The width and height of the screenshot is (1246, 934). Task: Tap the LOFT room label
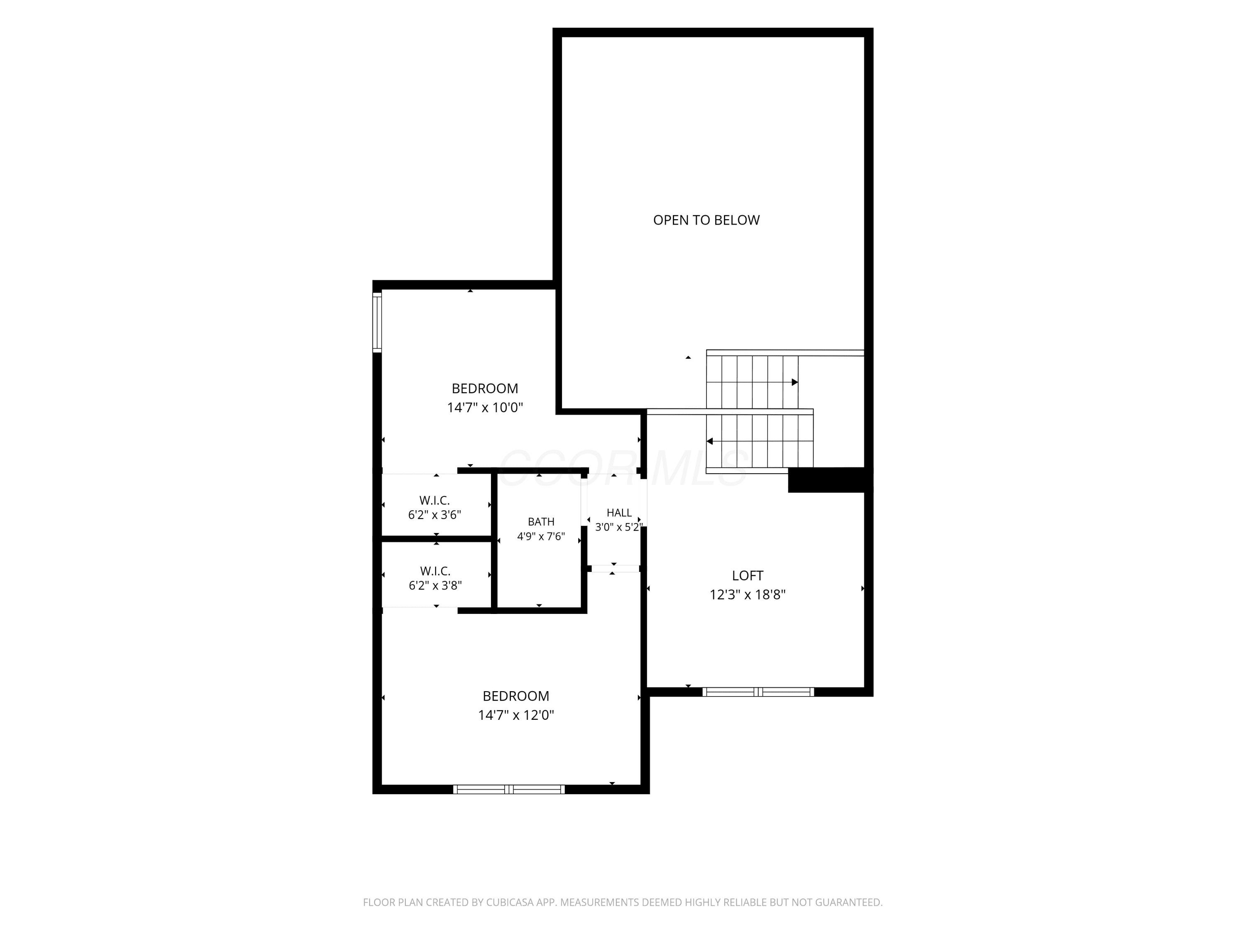point(748,575)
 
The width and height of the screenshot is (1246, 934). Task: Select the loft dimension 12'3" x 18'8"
point(748,594)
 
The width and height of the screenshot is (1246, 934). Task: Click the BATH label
point(541,522)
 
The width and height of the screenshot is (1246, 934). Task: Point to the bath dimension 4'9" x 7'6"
point(541,536)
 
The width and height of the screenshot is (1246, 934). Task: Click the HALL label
point(619,513)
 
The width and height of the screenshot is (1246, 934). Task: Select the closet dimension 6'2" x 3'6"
point(435,515)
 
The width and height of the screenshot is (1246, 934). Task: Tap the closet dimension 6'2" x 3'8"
point(435,585)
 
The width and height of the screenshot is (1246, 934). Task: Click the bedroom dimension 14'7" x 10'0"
point(485,408)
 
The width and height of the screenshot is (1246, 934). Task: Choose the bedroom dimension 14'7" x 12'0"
point(516,715)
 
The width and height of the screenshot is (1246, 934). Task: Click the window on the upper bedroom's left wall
point(377,322)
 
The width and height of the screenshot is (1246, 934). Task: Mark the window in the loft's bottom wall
point(758,692)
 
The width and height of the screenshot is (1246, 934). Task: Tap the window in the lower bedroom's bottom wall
point(509,789)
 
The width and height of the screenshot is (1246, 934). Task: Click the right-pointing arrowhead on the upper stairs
point(795,382)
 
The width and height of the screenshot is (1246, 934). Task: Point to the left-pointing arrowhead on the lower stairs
point(710,441)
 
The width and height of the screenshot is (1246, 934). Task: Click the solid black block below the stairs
point(830,480)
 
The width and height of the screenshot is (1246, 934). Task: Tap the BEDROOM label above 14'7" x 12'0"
point(516,696)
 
